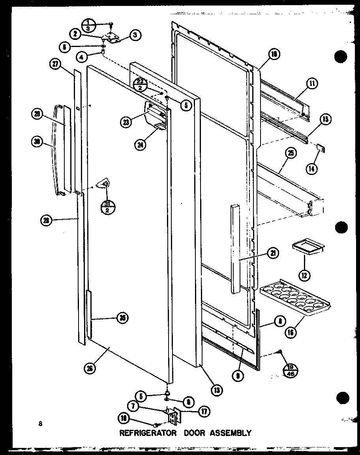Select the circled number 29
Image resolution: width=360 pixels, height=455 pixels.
tap(37, 115)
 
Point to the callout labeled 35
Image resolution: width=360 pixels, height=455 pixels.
tap(124, 318)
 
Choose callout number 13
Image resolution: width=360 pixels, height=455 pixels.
tap(217, 391)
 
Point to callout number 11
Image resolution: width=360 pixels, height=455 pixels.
tap(312, 84)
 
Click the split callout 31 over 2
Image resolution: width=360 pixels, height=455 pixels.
tap(107, 207)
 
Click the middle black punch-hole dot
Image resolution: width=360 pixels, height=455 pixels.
tap(341, 227)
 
